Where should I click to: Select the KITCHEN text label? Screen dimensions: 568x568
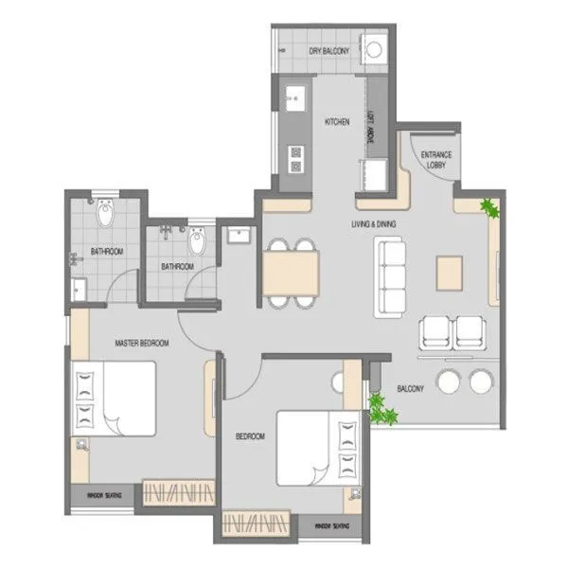coord(337,122)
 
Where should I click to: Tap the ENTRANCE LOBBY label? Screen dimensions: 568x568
coord(436,159)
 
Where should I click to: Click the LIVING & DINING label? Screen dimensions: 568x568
coord(374,223)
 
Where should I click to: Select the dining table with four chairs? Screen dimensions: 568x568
coord(291,273)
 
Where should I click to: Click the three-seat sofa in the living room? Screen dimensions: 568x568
coord(390,278)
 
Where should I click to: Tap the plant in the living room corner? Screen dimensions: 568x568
coord(489,207)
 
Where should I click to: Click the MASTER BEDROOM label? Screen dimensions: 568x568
coord(141,343)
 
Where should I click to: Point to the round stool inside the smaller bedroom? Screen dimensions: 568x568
coord(338,381)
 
